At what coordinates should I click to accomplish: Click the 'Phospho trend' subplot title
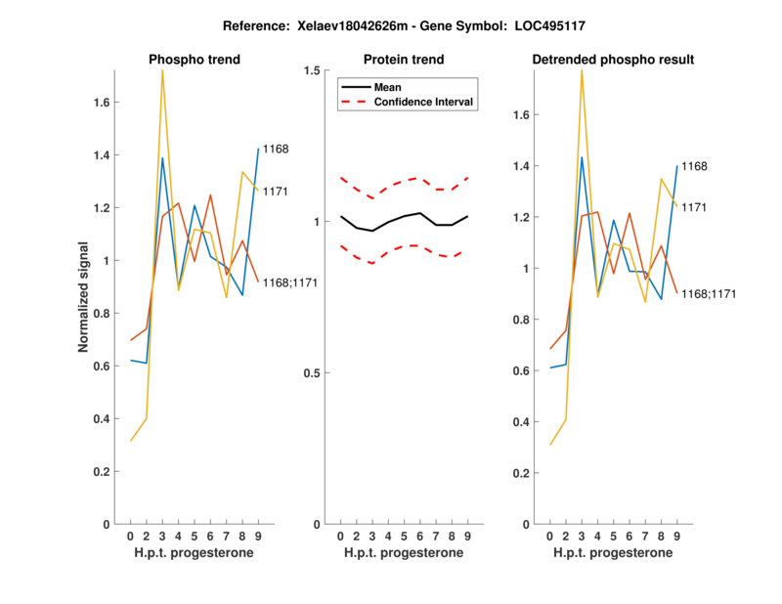click(195, 60)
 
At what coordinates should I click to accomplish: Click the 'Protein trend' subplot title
click(405, 60)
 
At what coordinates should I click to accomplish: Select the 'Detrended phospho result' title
click(613, 60)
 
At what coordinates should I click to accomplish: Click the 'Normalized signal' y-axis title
click(85, 297)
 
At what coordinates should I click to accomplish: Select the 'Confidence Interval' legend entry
click(424, 102)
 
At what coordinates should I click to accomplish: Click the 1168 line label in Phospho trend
click(276, 149)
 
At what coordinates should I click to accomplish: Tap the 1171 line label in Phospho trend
click(276, 192)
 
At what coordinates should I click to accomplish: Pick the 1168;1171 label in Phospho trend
click(290, 282)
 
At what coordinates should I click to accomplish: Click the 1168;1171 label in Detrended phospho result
click(709, 293)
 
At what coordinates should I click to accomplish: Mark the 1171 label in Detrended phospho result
click(694, 207)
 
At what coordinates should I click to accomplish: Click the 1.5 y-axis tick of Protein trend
click(313, 70)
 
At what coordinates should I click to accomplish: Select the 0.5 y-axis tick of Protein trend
click(313, 373)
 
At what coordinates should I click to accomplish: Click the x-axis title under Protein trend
click(404, 553)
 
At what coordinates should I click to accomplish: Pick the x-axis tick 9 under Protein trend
click(468, 536)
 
